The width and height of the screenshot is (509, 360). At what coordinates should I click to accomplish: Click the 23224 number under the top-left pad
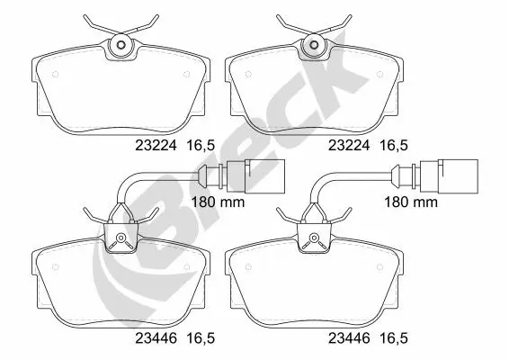(x=156, y=146)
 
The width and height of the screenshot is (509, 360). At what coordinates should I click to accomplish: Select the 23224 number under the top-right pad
(x=349, y=146)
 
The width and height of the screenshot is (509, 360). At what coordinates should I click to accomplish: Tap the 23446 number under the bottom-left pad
(x=156, y=338)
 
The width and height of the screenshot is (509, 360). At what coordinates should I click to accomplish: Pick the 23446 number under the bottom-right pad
(x=349, y=338)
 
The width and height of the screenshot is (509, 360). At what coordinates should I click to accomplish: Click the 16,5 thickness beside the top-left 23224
(x=201, y=146)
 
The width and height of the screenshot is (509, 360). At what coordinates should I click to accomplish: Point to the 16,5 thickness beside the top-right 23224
(x=393, y=146)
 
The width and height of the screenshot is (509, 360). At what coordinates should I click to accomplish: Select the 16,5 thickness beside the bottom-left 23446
(x=201, y=339)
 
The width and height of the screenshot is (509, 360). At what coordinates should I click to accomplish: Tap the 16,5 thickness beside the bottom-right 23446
(x=393, y=339)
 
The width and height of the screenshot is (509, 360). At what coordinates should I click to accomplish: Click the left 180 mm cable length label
(x=218, y=202)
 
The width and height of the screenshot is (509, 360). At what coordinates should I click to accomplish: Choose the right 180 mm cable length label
(x=411, y=202)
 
